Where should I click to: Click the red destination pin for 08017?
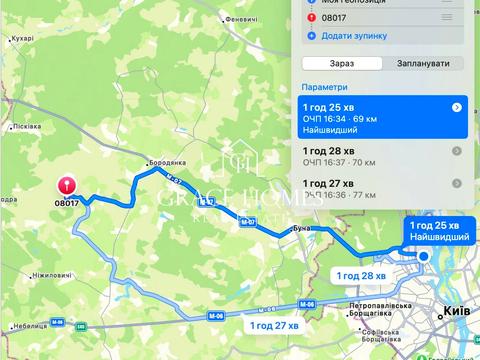pyautogui.click(x=67, y=186)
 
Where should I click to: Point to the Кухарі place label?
pyautogui.click(x=20, y=38)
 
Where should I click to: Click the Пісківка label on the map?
pyautogui.click(x=27, y=126)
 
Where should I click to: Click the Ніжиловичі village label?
pyautogui.click(x=51, y=274)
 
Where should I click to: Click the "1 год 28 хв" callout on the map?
pyautogui.click(x=360, y=275)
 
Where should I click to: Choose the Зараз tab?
pyautogui.click(x=342, y=63)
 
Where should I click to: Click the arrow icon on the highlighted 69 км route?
pyautogui.click(x=457, y=107)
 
